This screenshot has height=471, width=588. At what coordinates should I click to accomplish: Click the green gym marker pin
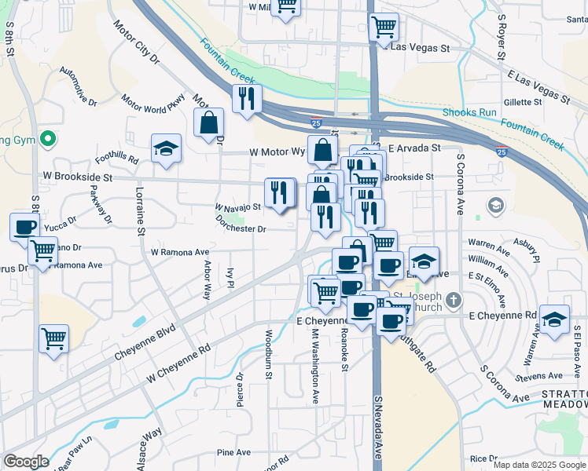[48, 140]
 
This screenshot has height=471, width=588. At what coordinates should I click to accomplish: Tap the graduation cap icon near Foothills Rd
[167, 149]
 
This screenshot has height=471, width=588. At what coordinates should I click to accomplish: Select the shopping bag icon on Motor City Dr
[209, 122]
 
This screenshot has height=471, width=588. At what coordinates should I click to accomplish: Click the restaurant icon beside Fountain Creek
[247, 99]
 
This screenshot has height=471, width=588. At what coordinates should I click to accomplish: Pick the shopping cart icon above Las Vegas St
[384, 27]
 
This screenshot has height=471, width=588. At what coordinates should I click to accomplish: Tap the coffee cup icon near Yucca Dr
[24, 227]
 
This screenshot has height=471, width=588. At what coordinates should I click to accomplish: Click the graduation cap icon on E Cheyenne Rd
[554, 319]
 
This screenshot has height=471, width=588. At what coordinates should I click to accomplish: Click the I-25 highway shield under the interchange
[315, 122]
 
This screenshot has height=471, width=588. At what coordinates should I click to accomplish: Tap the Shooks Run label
[469, 113]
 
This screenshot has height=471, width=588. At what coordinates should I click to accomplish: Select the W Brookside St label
[80, 177]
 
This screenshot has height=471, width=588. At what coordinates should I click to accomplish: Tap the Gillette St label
[524, 102]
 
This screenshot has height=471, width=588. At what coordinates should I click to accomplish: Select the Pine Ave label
[233, 452]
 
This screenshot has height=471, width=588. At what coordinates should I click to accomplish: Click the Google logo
[26, 462]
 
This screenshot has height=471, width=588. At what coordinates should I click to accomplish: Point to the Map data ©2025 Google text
[538, 465]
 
